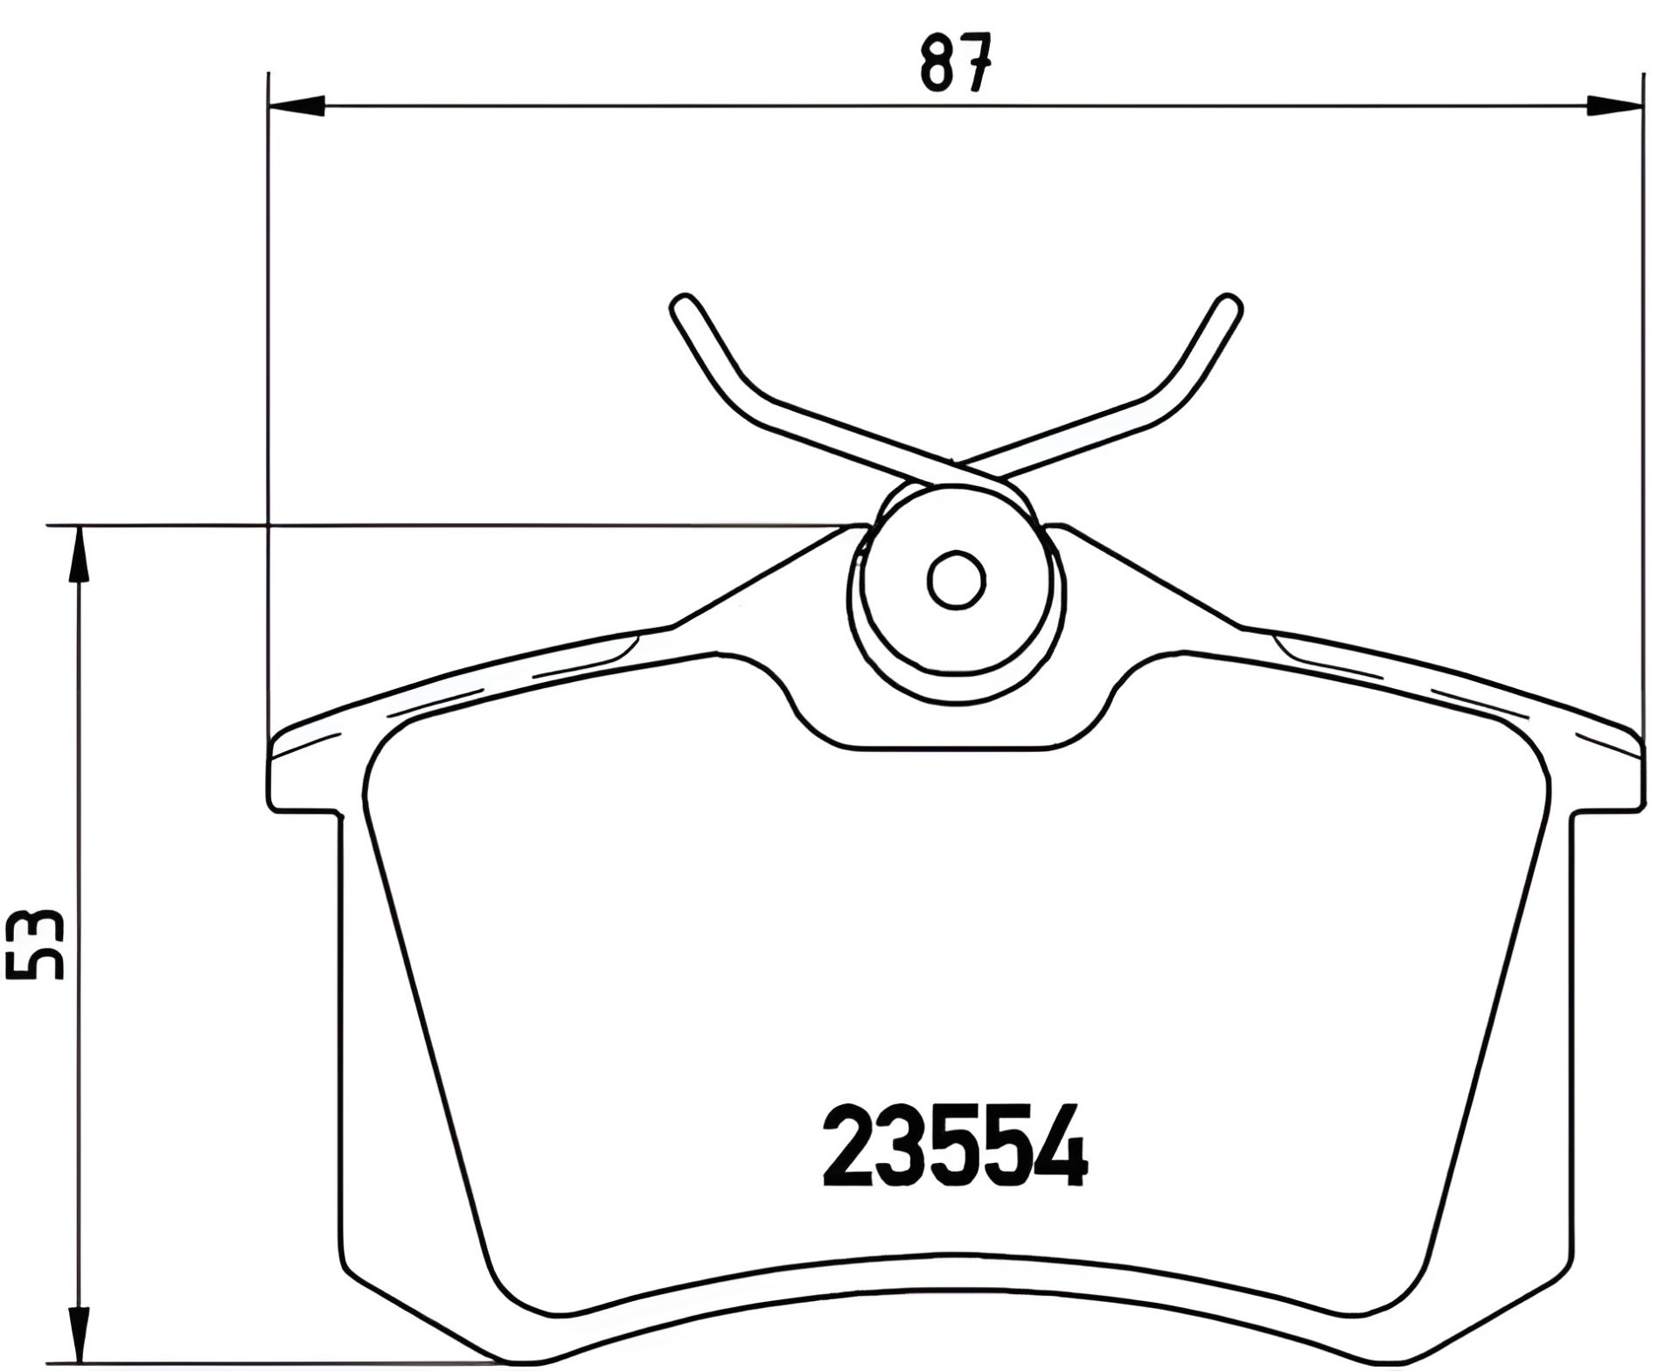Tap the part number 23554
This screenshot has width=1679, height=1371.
(954, 1145)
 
